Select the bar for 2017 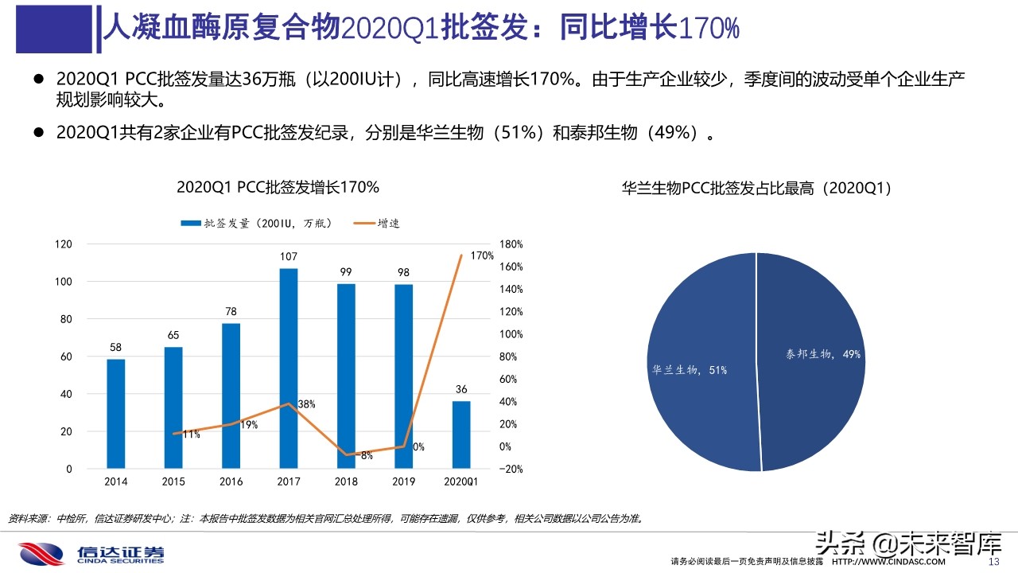(288, 368)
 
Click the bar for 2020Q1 (460, 435)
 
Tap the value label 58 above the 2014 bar (116, 348)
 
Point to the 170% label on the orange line (482, 255)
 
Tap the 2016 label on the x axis (231, 481)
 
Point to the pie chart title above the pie (756, 189)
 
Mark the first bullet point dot (37, 79)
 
